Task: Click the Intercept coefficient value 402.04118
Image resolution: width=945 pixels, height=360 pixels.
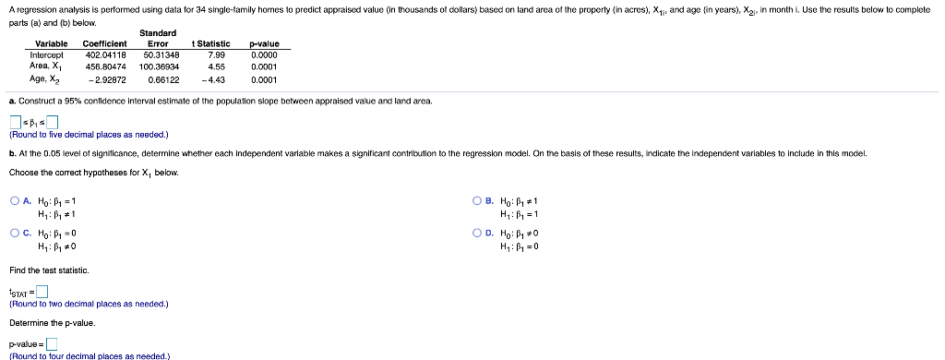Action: [104, 54]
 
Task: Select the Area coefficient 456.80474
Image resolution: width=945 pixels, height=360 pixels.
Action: [104, 66]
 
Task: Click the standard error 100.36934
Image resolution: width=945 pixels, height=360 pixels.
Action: [160, 66]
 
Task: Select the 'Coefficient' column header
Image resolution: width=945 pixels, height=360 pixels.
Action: [104, 43]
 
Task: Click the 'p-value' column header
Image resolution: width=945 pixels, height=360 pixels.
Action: [264, 43]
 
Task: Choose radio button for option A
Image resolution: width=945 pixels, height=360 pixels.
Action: [16, 200]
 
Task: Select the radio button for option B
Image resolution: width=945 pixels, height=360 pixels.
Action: [477, 200]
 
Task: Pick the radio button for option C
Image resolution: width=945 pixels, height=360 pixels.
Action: [16, 234]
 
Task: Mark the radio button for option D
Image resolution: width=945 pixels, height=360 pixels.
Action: [477, 234]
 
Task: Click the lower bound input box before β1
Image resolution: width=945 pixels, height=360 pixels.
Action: [16, 122]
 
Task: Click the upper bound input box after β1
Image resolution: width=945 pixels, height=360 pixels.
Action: [53, 122]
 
